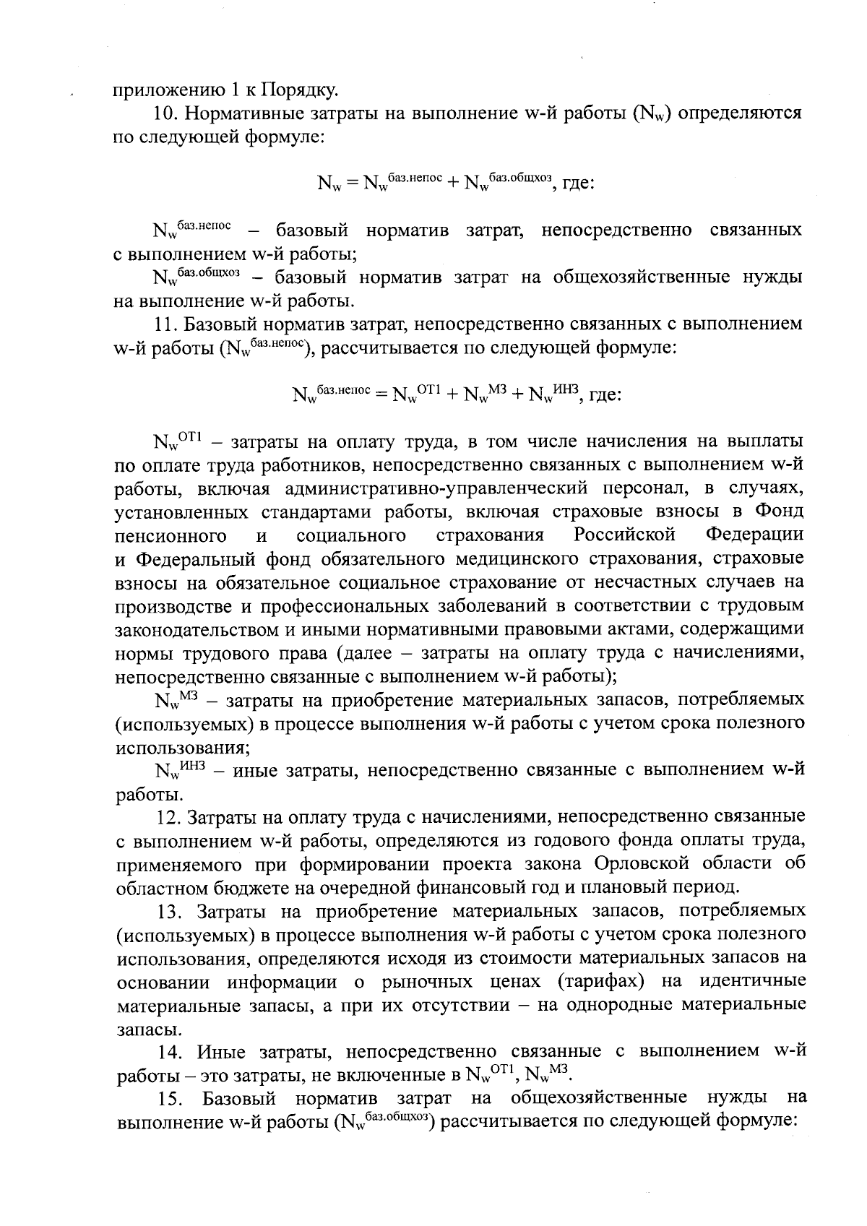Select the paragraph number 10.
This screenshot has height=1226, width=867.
pos(166,114)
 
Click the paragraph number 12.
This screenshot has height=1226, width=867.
pos(169,817)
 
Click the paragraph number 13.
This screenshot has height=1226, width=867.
pos(172,912)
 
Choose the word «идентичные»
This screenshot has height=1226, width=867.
pos(752,983)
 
